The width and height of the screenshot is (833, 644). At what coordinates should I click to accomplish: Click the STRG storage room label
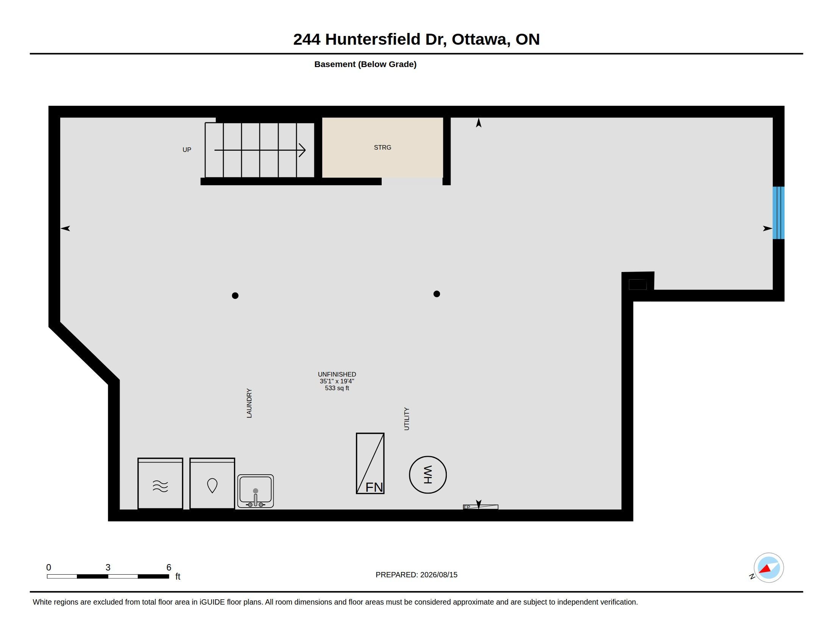(382, 147)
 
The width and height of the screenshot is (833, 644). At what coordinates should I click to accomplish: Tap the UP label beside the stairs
(187, 150)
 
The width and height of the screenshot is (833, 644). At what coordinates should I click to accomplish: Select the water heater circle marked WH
(427, 475)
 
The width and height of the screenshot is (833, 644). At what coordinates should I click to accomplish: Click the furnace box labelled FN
(370, 463)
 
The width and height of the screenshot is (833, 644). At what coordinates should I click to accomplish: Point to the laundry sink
(256, 491)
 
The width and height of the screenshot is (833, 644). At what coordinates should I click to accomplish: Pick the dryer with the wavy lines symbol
(160, 483)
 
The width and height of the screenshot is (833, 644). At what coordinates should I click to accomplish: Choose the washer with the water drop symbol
(212, 483)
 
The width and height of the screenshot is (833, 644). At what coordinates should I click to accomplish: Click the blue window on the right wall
(778, 213)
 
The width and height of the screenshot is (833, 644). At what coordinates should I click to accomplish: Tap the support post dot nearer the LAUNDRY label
(235, 295)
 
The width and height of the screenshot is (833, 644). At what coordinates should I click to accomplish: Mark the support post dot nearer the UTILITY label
(437, 294)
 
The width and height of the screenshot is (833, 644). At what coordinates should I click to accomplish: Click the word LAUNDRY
(249, 403)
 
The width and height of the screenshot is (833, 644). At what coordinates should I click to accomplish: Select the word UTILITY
(407, 419)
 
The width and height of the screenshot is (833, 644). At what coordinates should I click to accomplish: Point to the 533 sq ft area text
(337, 388)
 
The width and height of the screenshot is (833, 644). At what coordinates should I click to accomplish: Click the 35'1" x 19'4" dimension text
(337, 381)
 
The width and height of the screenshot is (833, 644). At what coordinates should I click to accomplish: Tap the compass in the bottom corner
(768, 568)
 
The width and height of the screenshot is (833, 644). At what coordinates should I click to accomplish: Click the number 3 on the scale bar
(108, 567)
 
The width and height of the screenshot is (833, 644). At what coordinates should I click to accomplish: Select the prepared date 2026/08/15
(438, 575)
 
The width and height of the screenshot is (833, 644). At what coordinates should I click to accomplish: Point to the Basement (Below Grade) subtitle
(365, 64)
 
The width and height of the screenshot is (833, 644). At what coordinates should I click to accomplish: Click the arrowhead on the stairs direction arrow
(303, 150)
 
